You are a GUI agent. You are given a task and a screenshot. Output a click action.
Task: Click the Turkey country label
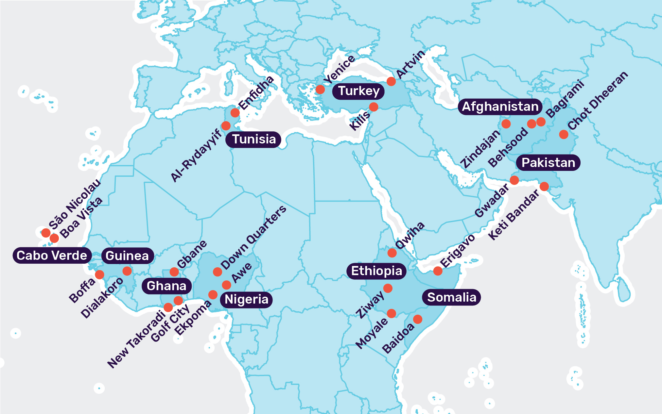point(358,91)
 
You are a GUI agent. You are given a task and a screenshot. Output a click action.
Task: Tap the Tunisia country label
point(254,140)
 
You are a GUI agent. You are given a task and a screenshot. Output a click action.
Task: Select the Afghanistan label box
point(500,107)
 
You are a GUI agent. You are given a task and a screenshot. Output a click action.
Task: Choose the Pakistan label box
point(548,163)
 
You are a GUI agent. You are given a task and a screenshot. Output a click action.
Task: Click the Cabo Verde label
point(52,256)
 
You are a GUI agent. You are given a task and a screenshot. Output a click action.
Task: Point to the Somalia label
point(451,297)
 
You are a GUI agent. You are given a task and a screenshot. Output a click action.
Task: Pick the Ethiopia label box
point(376,271)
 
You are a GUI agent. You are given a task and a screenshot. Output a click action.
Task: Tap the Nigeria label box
point(246,300)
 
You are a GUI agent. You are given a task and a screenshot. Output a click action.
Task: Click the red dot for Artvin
point(391,81)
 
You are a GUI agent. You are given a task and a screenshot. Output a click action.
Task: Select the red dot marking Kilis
point(374,107)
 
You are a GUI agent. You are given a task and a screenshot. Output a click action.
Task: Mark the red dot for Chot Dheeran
point(564,134)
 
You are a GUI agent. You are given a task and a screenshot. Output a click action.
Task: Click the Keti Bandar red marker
point(544,187)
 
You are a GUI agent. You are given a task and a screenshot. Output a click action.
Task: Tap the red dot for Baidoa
point(418,319)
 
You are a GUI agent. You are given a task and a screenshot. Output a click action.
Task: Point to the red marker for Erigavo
point(438,271)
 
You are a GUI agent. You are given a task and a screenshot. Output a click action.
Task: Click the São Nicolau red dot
point(46,233)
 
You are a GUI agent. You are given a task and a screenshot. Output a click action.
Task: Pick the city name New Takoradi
point(136,339)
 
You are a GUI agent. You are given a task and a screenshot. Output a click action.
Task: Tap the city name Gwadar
point(492,200)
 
